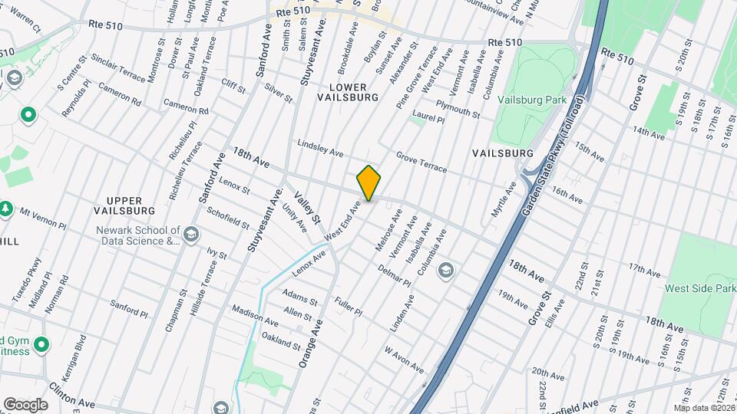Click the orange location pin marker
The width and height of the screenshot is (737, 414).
[x=368, y=183]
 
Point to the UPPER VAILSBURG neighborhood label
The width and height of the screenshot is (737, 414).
[x=124, y=205]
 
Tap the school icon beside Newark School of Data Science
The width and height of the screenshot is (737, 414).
[x=190, y=235]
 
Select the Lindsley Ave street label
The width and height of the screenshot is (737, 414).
[x=320, y=149]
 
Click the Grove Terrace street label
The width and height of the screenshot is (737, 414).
[x=421, y=161]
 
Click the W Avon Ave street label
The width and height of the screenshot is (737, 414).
[x=404, y=359]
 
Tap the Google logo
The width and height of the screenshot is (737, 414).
[x=25, y=404]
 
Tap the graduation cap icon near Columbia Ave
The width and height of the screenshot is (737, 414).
[x=445, y=270]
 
